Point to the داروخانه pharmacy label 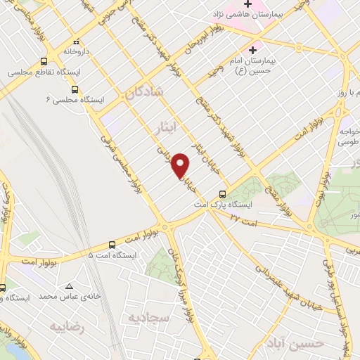77,51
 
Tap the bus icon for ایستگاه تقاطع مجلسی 44,62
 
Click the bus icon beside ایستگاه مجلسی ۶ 75,89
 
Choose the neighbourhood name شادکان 146,92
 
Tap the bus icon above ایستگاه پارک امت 223,194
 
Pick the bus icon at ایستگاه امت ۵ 112,245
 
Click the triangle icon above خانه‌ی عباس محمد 70,286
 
